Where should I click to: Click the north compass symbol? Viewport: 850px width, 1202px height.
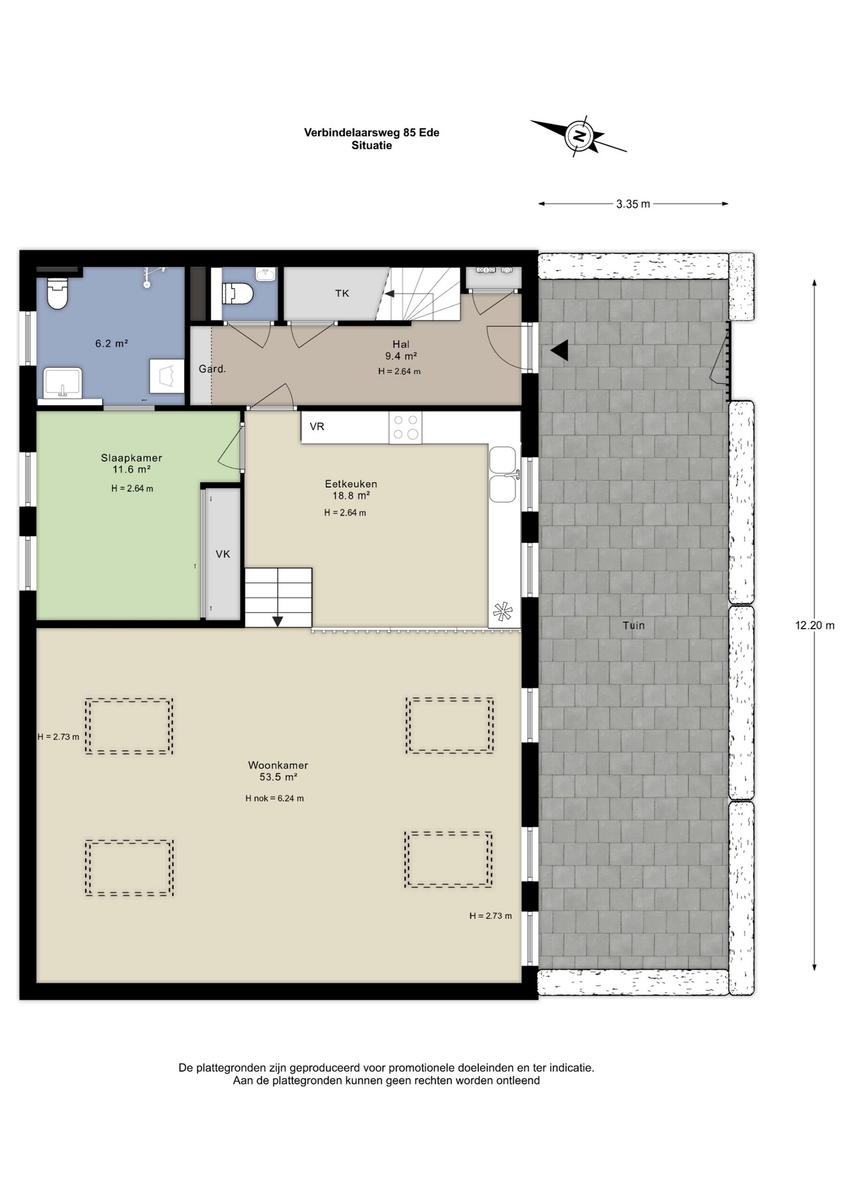(579, 136)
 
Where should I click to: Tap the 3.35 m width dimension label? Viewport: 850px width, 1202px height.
(633, 204)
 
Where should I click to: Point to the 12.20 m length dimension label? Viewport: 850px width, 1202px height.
(814, 625)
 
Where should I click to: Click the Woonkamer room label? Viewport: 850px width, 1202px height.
(278, 765)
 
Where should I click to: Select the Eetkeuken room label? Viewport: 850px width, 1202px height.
(351, 484)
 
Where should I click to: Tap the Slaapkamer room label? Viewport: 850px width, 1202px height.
(131, 458)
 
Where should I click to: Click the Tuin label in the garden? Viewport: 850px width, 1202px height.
(633, 625)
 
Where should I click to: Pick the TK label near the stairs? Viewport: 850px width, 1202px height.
(342, 294)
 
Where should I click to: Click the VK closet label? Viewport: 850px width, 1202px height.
(223, 554)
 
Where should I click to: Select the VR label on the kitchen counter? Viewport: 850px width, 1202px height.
(317, 427)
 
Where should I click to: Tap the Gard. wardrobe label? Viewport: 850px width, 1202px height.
(212, 369)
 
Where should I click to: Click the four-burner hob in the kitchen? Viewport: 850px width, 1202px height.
(405, 428)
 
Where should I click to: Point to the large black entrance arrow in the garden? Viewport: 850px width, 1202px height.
(560, 351)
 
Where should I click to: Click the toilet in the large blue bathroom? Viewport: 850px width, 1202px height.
(58, 293)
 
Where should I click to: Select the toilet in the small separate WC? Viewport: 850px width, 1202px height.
(238, 293)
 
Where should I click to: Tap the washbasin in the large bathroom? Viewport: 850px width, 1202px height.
(63, 383)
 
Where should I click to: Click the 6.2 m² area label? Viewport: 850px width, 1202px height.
(111, 343)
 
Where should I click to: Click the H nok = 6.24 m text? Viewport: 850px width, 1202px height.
(275, 798)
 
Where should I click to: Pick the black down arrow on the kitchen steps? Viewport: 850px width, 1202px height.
(277, 621)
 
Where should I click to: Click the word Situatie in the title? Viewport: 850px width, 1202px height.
(372, 145)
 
